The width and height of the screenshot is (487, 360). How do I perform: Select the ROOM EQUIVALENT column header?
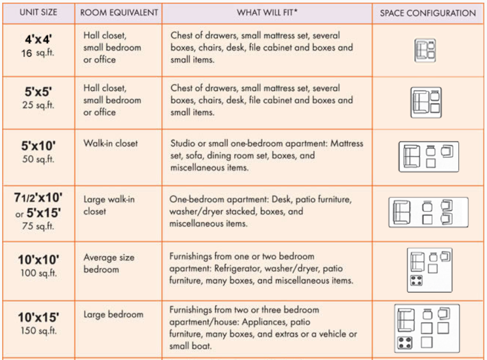click(x=119, y=13)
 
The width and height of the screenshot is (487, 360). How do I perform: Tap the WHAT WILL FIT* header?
click(x=267, y=13)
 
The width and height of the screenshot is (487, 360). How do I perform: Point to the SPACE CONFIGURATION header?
click(x=428, y=13)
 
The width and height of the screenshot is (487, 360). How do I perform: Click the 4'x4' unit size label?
click(x=38, y=40)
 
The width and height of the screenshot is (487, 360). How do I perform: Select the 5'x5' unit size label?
click(x=38, y=92)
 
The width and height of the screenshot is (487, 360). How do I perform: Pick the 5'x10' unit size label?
click(x=38, y=145)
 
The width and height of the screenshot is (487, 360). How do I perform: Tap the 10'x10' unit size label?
click(x=38, y=260)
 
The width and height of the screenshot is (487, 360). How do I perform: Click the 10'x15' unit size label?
click(x=38, y=318)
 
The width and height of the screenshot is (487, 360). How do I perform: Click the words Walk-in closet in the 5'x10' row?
click(x=111, y=143)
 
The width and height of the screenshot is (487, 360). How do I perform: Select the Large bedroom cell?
click(x=113, y=314)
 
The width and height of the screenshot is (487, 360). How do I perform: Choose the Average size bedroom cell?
click(x=109, y=263)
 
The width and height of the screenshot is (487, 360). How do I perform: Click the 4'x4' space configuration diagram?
click(x=426, y=50)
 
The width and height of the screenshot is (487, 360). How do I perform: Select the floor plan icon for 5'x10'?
click(x=428, y=156)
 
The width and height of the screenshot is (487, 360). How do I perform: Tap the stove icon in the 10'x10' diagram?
click(x=417, y=281)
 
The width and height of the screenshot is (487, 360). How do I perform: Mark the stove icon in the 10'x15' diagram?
click(x=404, y=343)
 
